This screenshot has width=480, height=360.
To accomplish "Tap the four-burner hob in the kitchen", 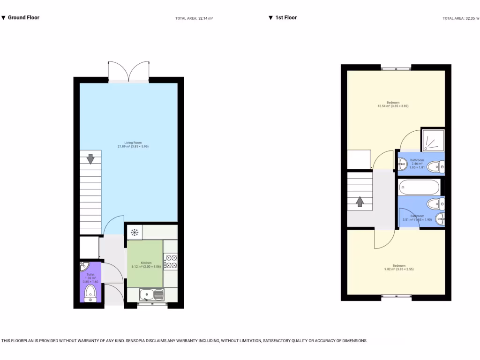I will (x=171, y=262).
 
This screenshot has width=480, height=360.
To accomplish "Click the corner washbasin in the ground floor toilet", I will (x=83, y=267).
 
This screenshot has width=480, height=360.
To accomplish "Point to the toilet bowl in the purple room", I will (x=90, y=293).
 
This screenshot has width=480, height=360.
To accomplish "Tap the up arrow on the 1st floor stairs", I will (x=360, y=201).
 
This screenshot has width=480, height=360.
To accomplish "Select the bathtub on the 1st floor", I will (x=420, y=187).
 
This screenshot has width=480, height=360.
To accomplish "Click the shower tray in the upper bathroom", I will (x=432, y=139).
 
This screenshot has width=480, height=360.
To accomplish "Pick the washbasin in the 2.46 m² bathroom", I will (x=403, y=164).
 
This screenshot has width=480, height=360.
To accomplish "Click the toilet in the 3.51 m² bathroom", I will (x=435, y=203).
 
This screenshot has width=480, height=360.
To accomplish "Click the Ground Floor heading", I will (x=23, y=18).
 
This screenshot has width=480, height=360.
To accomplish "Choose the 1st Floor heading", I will (x=285, y=18).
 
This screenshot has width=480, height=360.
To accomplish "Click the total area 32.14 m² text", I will (x=194, y=18).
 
